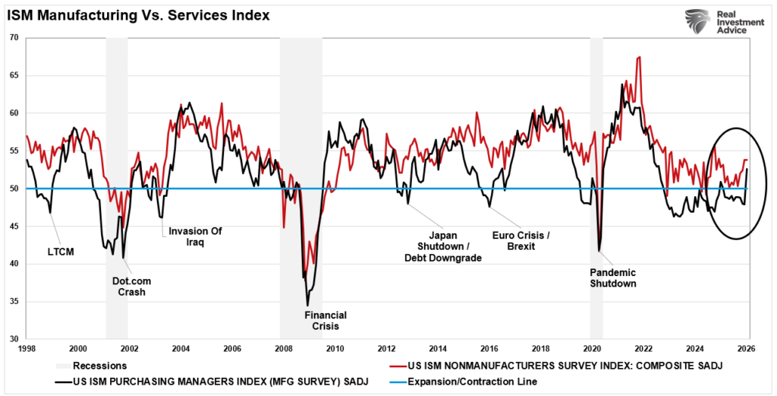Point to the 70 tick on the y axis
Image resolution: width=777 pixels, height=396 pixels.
[x=14, y=37]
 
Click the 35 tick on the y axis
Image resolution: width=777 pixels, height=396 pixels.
[x=14, y=302]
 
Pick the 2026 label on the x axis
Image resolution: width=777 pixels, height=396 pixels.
[x=747, y=348]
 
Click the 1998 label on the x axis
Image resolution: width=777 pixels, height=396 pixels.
[x=26, y=348]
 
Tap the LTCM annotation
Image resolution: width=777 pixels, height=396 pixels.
[x=61, y=251]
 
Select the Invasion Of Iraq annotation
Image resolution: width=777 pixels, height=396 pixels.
[x=195, y=237]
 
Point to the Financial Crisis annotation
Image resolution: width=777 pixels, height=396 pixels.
[x=326, y=320]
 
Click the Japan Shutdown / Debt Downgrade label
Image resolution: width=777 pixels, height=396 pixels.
[x=442, y=246]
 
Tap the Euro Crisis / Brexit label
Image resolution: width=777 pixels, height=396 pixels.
[x=520, y=241]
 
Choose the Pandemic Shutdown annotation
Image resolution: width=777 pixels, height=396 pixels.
[x=614, y=277]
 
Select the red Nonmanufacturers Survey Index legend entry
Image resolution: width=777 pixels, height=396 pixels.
[x=562, y=366]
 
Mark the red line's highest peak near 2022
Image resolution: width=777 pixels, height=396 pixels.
[x=639, y=57]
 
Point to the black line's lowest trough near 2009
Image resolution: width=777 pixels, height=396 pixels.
[x=307, y=305]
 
